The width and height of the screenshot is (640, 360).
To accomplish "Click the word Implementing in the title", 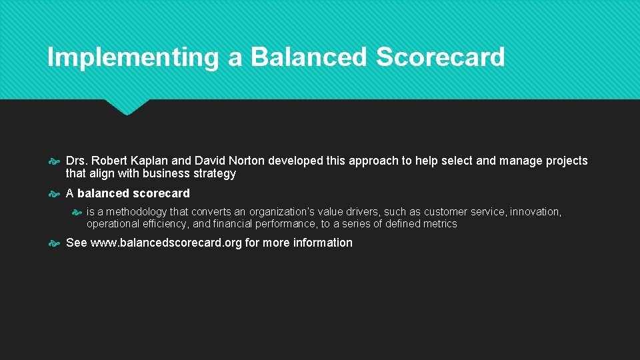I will (133, 57).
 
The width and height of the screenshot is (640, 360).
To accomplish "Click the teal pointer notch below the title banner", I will (127, 107).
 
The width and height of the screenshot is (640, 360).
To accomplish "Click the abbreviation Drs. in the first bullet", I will (77, 161).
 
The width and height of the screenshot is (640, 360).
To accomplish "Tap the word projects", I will (566, 161).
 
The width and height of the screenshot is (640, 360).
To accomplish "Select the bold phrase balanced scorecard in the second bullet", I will (133, 193).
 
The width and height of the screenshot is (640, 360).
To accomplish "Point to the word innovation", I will (536, 212).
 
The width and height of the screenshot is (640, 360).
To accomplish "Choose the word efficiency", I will (163, 224).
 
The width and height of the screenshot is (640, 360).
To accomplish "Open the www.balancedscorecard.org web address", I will (166, 243).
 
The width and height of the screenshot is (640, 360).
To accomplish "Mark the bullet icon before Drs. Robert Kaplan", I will (54, 161).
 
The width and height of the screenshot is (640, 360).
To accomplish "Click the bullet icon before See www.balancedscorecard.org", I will (54, 243).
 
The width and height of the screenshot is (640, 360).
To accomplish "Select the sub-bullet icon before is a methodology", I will (76, 212).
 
